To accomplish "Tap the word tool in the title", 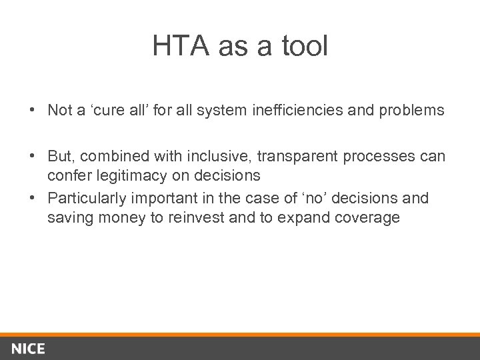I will coord(305,47).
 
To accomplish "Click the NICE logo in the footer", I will coord(27,349).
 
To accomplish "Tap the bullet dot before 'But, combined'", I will coord(32,156).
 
